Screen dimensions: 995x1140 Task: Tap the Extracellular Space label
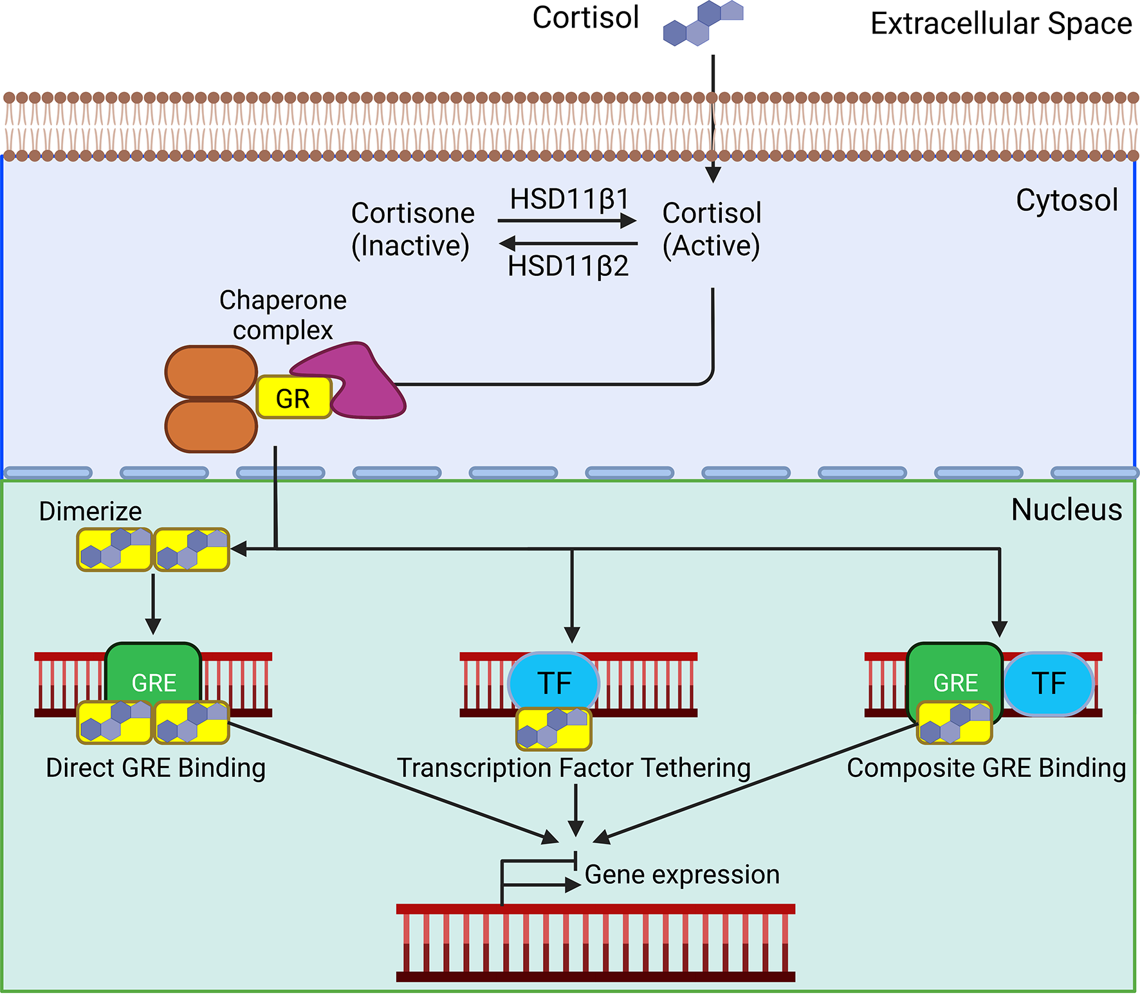(x=1000, y=24)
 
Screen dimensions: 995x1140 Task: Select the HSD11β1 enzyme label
(x=569, y=199)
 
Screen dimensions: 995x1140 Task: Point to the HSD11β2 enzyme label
(x=567, y=266)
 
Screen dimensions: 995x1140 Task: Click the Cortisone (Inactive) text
(x=412, y=229)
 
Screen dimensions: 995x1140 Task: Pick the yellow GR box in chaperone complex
(x=293, y=398)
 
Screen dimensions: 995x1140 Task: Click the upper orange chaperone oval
(x=211, y=372)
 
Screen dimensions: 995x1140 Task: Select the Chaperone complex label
(x=282, y=315)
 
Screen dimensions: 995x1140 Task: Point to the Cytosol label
(x=1066, y=200)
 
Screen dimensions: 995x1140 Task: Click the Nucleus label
(x=1066, y=510)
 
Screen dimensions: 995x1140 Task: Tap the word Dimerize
(x=90, y=511)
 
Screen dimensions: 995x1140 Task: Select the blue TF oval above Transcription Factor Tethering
(x=553, y=682)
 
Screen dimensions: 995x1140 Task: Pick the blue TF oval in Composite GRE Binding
(x=1049, y=683)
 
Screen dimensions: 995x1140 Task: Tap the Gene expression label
(x=681, y=875)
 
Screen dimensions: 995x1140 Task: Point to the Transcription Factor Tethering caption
(x=573, y=768)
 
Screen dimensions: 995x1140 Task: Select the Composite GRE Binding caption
(x=986, y=768)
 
